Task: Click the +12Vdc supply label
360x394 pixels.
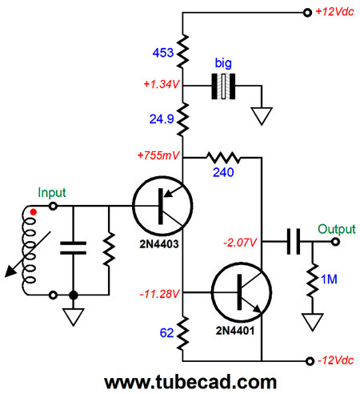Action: [334, 12]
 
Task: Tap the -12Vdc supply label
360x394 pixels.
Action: [336, 360]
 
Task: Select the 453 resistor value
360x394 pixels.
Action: [163, 53]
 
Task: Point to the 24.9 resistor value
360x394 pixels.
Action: [162, 119]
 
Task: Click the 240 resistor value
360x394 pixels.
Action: [223, 172]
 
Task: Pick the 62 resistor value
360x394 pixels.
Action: [166, 333]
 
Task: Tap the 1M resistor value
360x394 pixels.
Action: [329, 279]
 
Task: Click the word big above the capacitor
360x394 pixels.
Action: [223, 63]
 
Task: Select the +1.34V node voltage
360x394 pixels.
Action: [162, 84]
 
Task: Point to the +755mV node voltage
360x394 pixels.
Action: [158, 155]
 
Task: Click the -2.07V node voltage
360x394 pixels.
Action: [240, 243]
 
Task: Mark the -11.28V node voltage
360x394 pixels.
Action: [159, 294]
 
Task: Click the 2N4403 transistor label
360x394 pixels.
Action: [159, 244]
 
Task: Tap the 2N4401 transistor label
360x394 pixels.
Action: [235, 331]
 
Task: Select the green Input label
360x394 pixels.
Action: [52, 193]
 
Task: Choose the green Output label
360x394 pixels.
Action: [337, 229]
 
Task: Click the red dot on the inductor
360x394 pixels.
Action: [34, 212]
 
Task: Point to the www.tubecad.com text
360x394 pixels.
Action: [190, 382]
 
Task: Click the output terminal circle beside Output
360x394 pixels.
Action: [335, 242]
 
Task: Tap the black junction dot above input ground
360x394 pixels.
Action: [74, 295]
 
